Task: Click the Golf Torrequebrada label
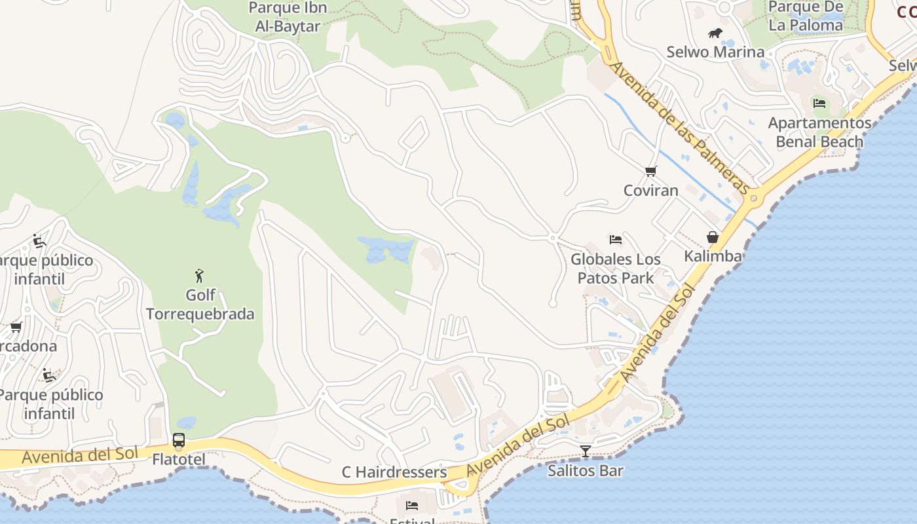click(200, 305)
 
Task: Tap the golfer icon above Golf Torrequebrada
click(200, 276)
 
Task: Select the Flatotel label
click(179, 459)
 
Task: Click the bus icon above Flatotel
click(179, 440)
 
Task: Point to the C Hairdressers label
click(394, 472)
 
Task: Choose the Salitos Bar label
click(586, 470)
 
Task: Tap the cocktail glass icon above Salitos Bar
click(586, 451)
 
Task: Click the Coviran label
click(651, 191)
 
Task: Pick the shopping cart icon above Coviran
click(651, 172)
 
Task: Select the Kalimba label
click(713, 256)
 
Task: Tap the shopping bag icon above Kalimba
click(713, 237)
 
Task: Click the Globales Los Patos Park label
click(615, 269)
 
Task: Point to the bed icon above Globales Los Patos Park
click(615, 240)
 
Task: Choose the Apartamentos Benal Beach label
click(819, 132)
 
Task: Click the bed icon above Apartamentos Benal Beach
click(819, 103)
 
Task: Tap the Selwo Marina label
click(715, 52)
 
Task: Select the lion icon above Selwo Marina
click(715, 33)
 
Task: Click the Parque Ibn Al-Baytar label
click(288, 18)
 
